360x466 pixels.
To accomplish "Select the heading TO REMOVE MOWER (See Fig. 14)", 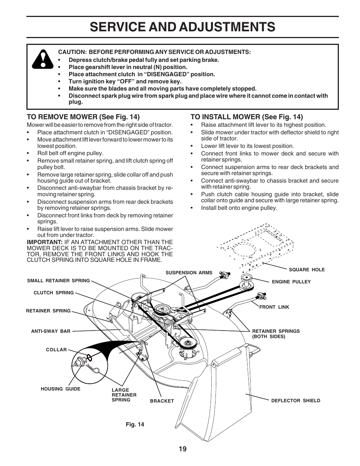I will pyautogui.click(x=83, y=117).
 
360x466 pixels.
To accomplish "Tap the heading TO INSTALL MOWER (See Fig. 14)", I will pyautogui.click(x=246, y=117).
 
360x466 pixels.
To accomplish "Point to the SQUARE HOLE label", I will pyautogui.click(x=306, y=270).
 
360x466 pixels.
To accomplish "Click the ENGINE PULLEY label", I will pyautogui.click(x=291, y=282).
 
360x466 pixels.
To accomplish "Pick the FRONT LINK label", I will pyautogui.click(x=274, y=307).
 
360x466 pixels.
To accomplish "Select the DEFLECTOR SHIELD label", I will pyautogui.click(x=295, y=401).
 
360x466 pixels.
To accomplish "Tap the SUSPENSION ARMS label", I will pyautogui.click(x=189, y=273).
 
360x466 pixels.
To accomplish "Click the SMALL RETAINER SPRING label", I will pyautogui.click(x=58, y=281).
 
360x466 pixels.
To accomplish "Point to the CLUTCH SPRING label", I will pyautogui.click(x=54, y=293).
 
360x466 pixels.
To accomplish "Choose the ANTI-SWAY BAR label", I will pyautogui.click(x=51, y=331).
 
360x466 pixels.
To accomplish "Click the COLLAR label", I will pyautogui.click(x=56, y=350).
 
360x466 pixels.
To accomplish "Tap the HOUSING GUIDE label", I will pyautogui.click(x=60, y=389).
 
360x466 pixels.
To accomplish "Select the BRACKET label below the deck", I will pyautogui.click(x=162, y=401).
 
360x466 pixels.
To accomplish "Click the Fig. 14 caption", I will pyautogui.click(x=135, y=424).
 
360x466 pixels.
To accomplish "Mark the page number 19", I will pyautogui.click(x=183, y=449).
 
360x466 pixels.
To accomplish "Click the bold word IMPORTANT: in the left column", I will pyautogui.click(x=44, y=242).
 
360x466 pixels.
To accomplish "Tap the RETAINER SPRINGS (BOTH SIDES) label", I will pyautogui.click(x=276, y=334).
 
